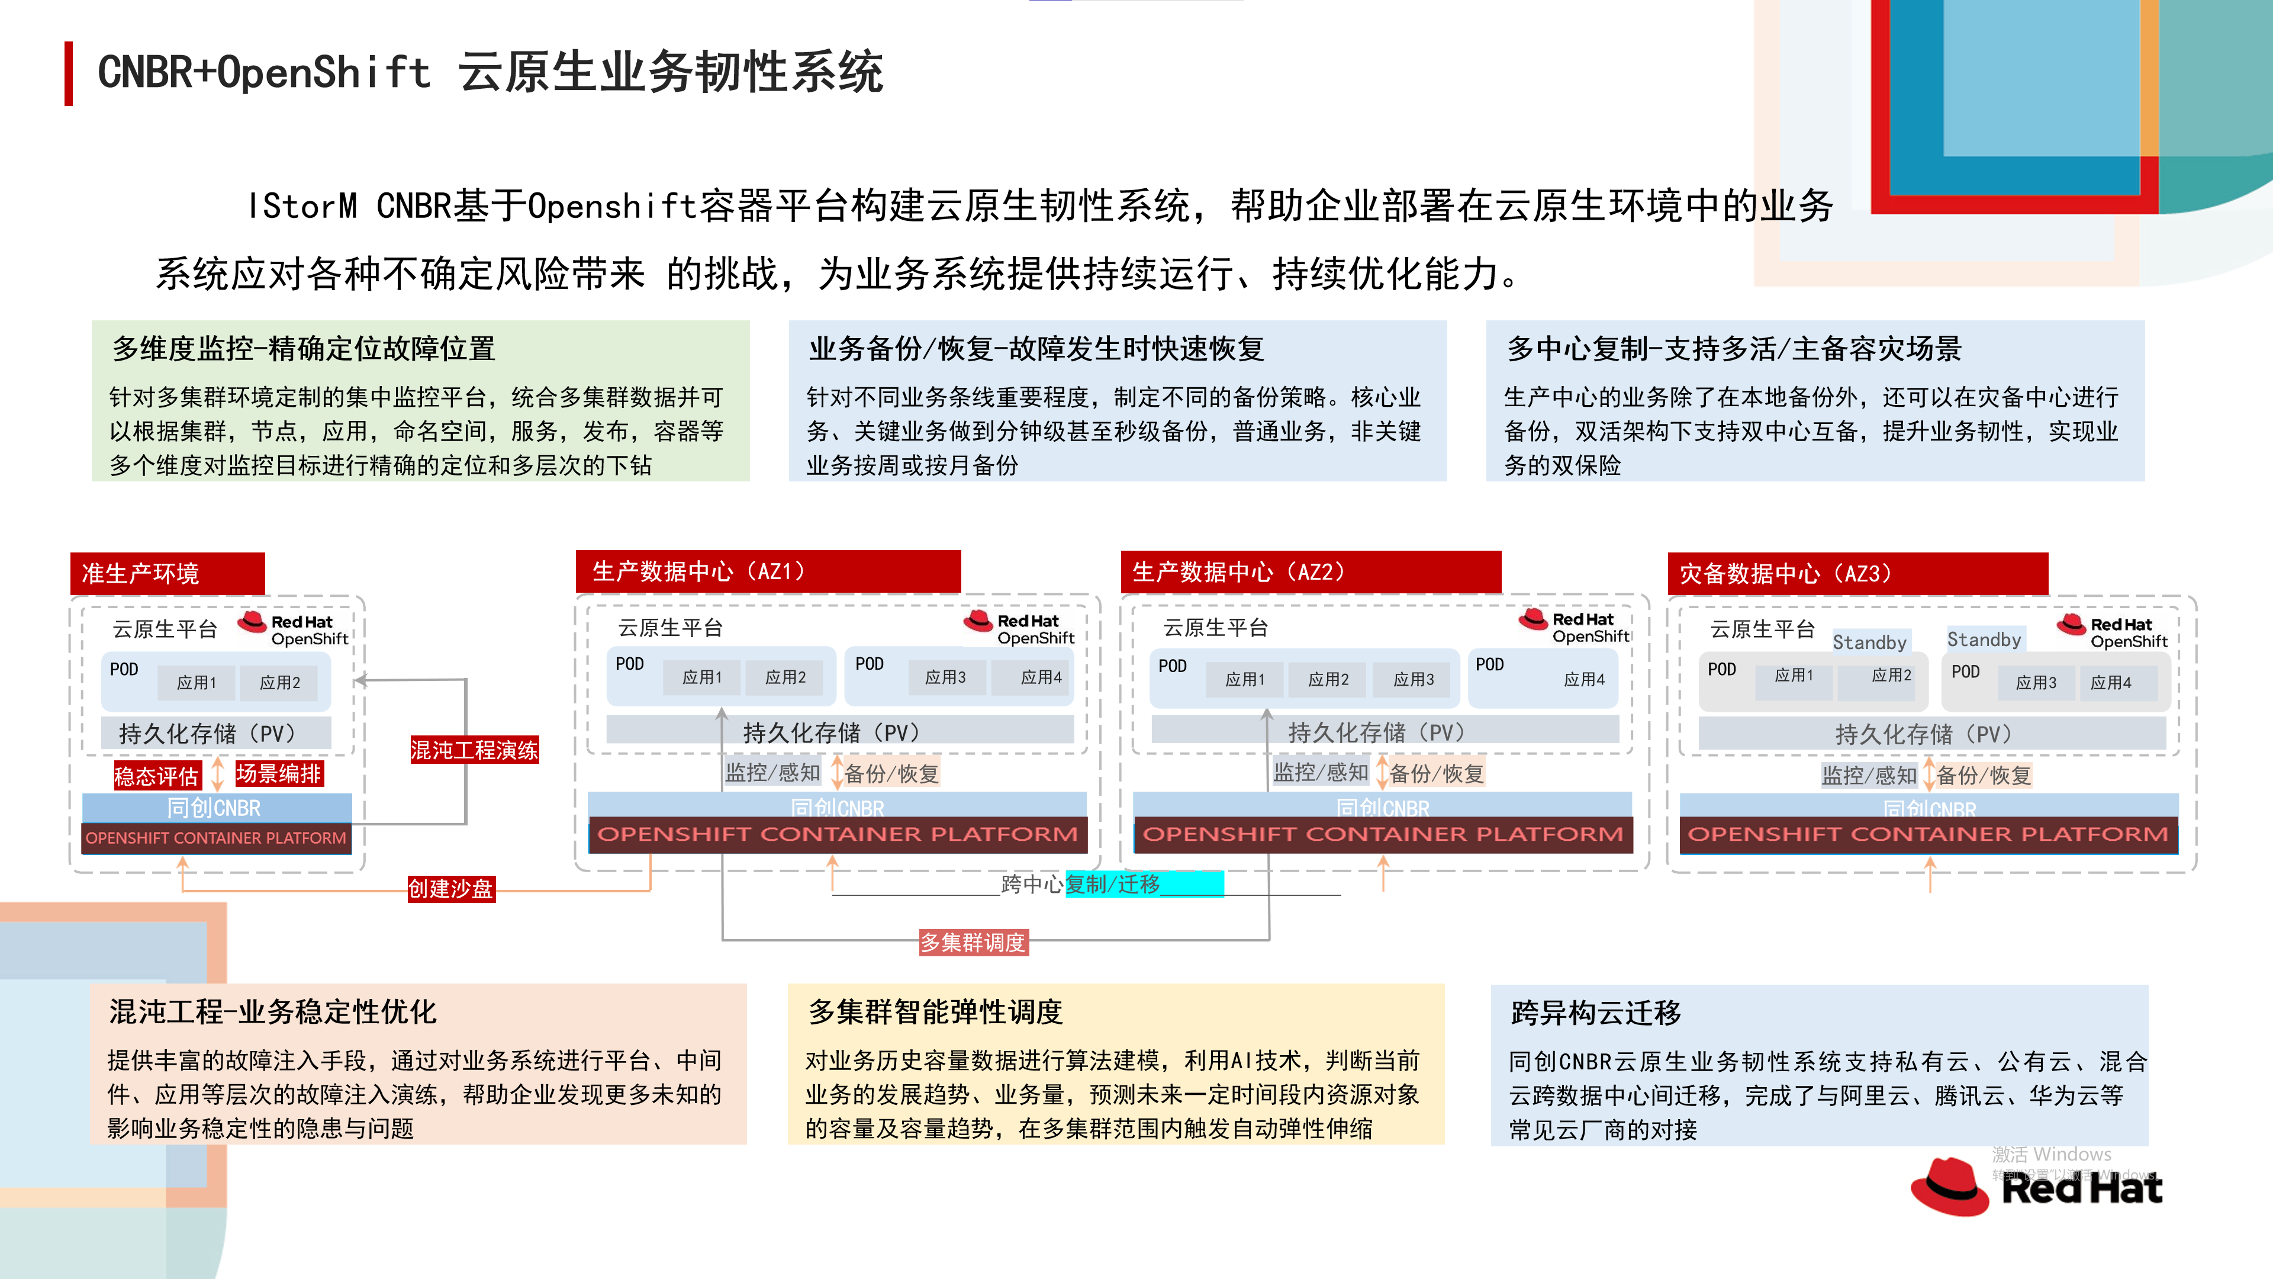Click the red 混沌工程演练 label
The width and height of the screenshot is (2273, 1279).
pos(474,750)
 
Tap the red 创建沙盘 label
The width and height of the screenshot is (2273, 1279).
pos(450,888)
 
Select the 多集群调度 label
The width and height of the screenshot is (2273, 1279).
pos(973,943)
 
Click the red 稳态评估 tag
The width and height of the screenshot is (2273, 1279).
pos(156,776)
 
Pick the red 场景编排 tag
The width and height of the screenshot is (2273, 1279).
pos(279,773)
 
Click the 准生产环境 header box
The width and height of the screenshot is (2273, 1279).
pos(167,574)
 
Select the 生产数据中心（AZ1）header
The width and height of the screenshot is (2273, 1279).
pos(768,572)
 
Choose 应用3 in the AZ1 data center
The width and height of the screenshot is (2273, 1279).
pos(945,677)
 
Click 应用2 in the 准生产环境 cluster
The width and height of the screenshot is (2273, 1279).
pos(280,682)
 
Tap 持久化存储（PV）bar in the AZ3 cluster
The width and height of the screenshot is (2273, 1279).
pos(1931,734)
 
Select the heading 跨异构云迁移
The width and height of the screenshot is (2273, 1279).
pos(1595,1013)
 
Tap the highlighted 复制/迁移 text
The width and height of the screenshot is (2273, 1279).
pos(1113,883)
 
